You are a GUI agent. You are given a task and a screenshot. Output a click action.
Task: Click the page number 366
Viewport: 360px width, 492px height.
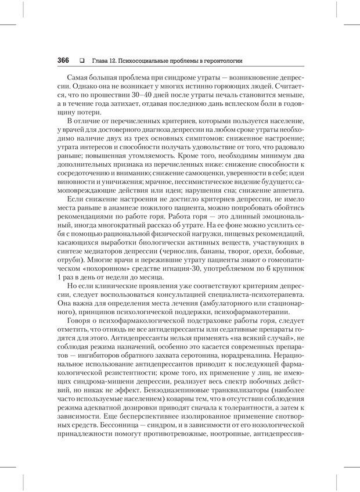(63, 60)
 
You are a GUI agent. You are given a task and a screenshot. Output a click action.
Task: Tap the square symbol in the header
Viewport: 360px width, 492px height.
(82, 60)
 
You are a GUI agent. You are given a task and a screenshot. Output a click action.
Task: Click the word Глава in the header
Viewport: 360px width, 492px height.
(101, 60)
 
